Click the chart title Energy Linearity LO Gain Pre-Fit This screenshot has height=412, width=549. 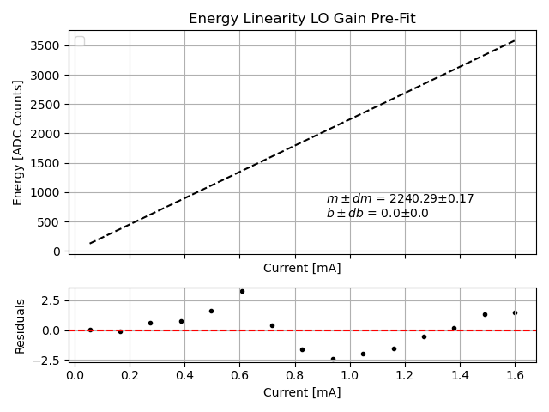[302, 19]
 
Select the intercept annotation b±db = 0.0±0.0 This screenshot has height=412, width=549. [377, 214]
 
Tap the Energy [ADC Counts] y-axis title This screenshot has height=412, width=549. [18, 142]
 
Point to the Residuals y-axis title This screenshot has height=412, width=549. [20, 326]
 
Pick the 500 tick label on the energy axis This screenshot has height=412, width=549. [51, 222]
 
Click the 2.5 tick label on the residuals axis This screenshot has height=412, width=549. [51, 300]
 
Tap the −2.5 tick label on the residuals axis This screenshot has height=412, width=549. [47, 360]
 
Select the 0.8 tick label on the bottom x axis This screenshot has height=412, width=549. [295, 375]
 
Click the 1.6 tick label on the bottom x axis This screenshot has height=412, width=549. [515, 375]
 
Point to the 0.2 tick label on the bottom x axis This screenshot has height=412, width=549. [130, 375]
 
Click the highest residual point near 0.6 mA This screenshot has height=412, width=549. [242, 291]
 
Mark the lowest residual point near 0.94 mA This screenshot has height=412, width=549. [333, 359]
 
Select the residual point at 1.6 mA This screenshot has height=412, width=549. [515, 312]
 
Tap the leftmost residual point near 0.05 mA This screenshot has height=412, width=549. [90, 330]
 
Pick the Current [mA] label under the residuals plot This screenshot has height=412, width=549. [302, 392]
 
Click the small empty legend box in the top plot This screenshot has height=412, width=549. [80, 41]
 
